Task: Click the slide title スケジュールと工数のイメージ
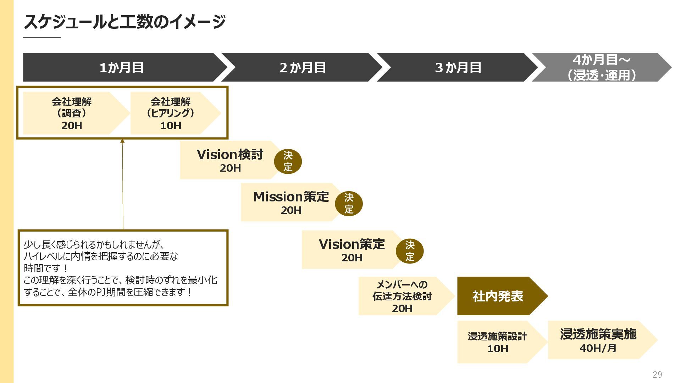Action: tap(124, 22)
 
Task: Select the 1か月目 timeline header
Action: tap(122, 67)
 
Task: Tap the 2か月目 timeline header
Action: tap(303, 67)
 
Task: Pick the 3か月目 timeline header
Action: tap(458, 67)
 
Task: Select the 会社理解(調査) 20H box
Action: tap(72, 113)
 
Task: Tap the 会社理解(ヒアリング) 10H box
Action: tap(171, 113)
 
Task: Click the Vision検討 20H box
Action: tap(230, 160)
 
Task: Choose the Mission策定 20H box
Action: tap(291, 202)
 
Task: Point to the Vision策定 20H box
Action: tap(351, 250)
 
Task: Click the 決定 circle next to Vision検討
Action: tap(288, 161)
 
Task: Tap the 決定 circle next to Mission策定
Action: tap(349, 204)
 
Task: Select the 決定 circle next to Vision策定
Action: tap(410, 251)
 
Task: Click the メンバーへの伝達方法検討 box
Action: tap(402, 296)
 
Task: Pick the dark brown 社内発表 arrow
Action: tap(498, 296)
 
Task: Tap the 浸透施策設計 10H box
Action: tap(497, 342)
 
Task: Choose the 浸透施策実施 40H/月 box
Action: tap(598, 340)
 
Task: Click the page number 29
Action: tap(657, 374)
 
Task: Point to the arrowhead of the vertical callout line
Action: tap(122, 141)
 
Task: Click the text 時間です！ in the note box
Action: tap(46, 268)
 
